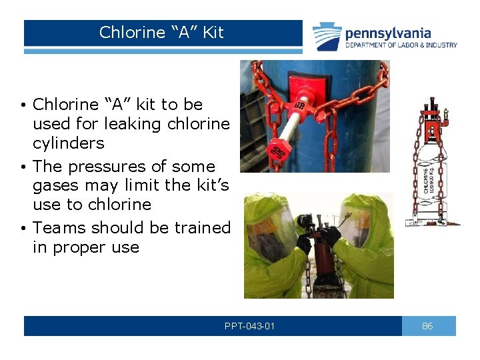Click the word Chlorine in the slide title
click(x=132, y=33)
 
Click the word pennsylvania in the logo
click(x=387, y=33)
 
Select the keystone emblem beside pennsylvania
click(x=327, y=36)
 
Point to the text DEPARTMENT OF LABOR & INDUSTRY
click(x=401, y=45)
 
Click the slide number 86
click(x=428, y=326)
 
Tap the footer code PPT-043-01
click(x=250, y=326)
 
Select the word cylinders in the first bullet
click(x=69, y=143)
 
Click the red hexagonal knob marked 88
click(x=300, y=107)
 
